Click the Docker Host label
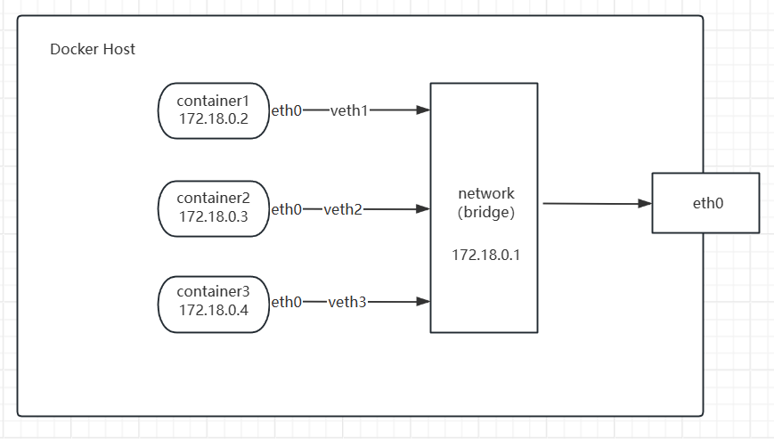[93, 49]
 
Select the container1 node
[214, 110]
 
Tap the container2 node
[214, 208]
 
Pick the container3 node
[214, 305]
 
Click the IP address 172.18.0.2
[213, 118]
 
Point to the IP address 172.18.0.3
[213, 216]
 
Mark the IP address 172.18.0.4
[213, 310]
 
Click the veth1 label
[349, 110]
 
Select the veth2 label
[343, 209]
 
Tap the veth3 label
[347, 301]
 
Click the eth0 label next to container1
[286, 110]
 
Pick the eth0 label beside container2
[286, 209]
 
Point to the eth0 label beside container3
[286, 301]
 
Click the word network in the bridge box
[486, 193]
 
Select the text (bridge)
[486, 212]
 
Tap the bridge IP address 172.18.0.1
[485, 255]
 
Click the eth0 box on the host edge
[706, 203]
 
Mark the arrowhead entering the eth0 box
[645, 203]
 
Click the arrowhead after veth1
[423, 110]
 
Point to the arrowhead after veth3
[423, 301]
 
